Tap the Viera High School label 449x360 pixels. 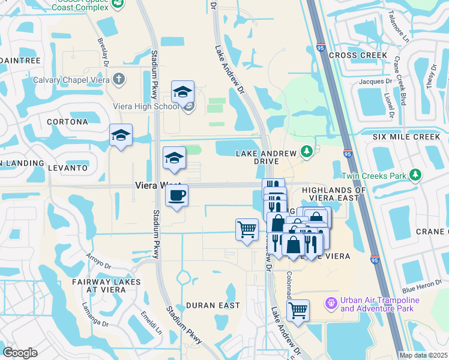click(146, 107)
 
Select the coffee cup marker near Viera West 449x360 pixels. click(176, 196)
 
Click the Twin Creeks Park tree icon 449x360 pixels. click(415, 176)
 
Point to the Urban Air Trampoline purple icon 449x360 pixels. click(331, 303)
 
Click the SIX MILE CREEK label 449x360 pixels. click(406, 137)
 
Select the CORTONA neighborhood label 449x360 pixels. click(67, 122)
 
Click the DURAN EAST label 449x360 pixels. click(213, 305)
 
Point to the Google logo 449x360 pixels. click(20, 352)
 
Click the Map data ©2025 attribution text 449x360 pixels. click(423, 355)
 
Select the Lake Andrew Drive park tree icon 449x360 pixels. click(307, 151)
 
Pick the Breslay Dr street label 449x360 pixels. click(102, 50)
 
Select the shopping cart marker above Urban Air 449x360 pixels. click(297, 311)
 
